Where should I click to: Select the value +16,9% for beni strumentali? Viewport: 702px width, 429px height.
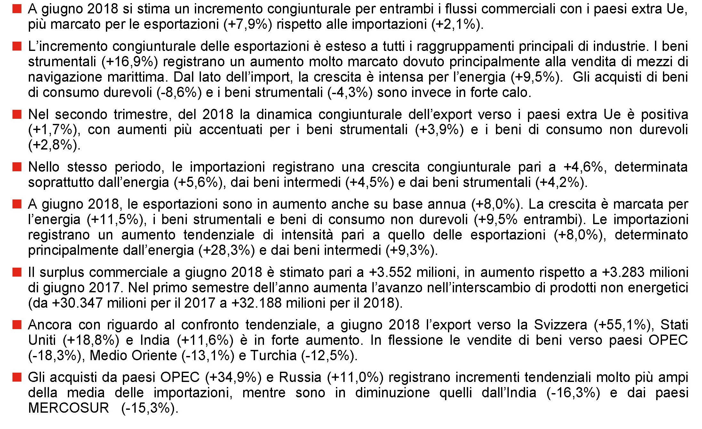[130, 61]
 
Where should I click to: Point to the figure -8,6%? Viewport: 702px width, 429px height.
[179, 93]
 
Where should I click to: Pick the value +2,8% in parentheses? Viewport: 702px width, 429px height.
[54, 145]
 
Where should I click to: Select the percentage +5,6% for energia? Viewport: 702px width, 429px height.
[198, 182]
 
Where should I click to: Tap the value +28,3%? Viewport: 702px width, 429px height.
[227, 250]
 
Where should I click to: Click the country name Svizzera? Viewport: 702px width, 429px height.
[560, 325]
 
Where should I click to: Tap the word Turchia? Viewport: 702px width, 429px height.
[274, 356]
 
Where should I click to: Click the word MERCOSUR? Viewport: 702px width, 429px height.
[68, 408]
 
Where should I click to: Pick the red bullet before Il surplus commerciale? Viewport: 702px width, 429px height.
[17, 272]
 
